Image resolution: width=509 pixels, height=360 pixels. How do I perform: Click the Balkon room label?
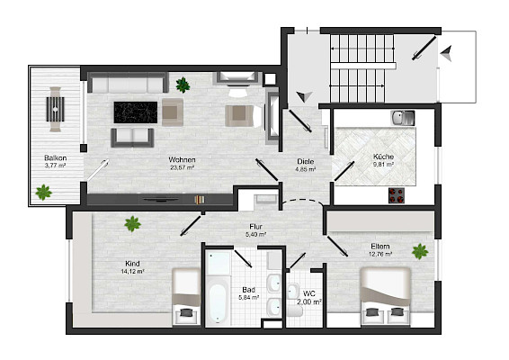pos(56,158)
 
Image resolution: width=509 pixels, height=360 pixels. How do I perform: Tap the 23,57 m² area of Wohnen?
pos(183,167)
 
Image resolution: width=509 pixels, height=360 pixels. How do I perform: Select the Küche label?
pos(383,157)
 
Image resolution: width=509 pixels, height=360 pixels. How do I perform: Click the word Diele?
pos(306,161)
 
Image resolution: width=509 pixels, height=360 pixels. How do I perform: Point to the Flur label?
pos(255,227)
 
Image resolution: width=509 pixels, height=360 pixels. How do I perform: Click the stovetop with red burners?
pos(397,195)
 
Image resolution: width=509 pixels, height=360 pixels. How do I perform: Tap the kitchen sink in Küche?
pos(403,118)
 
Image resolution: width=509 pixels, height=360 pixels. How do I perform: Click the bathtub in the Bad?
pos(217,301)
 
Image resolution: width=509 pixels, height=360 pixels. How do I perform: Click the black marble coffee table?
pos(136,112)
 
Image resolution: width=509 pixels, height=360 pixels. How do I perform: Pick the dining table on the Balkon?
pos(55,109)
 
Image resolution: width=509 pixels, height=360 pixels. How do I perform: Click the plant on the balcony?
pos(43,193)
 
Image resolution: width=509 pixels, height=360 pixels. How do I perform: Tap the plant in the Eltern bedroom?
pos(420,251)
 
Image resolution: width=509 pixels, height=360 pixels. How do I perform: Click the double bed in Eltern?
pos(386,296)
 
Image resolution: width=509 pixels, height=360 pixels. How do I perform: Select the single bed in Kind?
pos(186,296)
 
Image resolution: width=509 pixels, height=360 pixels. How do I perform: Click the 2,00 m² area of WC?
pos(309,301)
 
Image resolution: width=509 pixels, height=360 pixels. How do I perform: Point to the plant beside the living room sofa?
pos(183,85)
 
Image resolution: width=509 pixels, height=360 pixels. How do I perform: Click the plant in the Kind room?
pos(132,224)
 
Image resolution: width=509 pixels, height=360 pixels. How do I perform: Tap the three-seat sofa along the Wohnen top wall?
pos(128,83)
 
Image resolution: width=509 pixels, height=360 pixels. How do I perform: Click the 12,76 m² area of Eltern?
pos(380,255)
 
